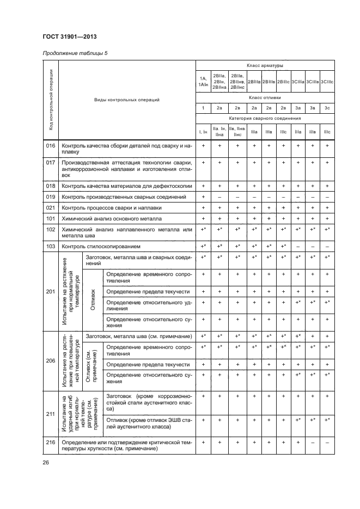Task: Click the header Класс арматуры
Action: pos(264,65)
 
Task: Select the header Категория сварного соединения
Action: pos(264,118)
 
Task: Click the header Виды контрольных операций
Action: pos(126,100)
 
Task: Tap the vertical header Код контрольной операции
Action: pos(51,100)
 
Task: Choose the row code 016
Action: pos(51,146)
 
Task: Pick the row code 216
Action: pos(51,443)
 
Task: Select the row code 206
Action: pos(51,360)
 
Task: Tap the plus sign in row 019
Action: pos(203,197)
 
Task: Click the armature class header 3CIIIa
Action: pos(298,82)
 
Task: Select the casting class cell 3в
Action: pos(313,108)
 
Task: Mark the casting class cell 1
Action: pos(203,108)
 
